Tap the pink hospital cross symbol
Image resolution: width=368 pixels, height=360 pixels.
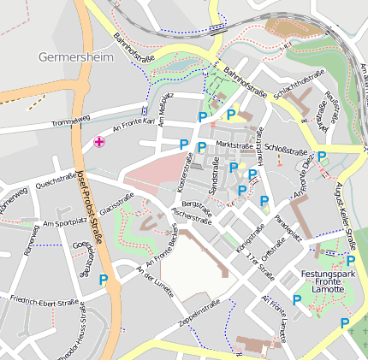click(x=100, y=141)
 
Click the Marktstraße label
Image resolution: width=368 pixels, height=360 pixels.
click(x=235, y=145)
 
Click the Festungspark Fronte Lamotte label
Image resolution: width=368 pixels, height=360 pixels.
click(x=328, y=285)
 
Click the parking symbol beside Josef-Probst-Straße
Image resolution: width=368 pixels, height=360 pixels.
click(x=104, y=279)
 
